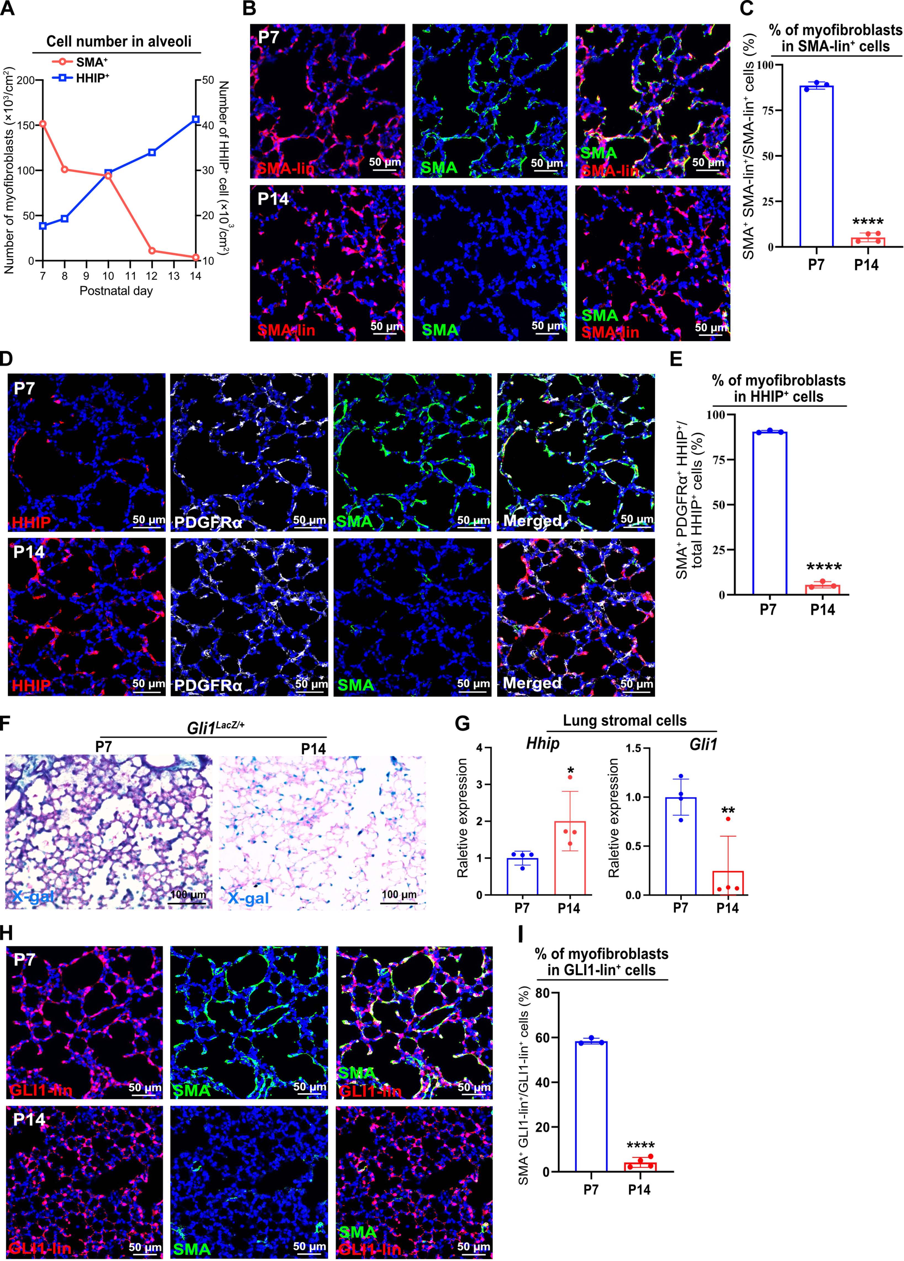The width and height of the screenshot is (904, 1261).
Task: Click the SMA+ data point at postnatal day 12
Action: point(152,251)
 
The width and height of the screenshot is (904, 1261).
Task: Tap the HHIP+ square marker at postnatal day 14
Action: point(196,119)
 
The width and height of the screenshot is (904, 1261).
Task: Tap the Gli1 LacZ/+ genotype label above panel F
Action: point(216,727)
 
